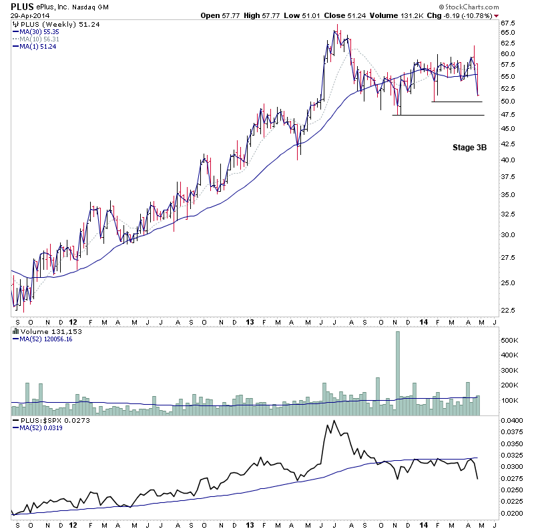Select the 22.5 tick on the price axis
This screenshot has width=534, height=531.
509,310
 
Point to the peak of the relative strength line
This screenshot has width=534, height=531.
331,422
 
